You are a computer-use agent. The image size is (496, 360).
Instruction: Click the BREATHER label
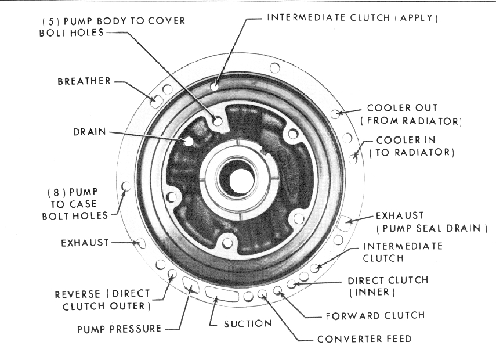pos(84,81)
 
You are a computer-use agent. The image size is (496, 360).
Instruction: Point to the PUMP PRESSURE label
pos(119,329)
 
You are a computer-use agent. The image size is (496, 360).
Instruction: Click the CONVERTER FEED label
pos(364,339)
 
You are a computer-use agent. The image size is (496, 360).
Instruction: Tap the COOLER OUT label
pos(410,109)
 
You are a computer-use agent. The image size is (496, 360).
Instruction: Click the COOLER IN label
pos(414,140)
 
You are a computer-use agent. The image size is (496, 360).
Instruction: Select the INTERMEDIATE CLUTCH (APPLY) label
pos(352,17)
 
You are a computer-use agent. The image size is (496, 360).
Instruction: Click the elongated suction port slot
pos(221,294)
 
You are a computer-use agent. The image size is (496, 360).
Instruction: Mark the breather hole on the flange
pos(155,100)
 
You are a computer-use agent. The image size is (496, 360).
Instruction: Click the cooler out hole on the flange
pos(335,114)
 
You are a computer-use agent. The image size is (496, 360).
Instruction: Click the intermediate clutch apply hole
pos(215,87)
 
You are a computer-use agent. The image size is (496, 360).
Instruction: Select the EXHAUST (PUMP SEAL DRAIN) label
pos(432,221)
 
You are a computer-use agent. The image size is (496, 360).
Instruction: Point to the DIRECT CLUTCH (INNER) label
pos(388,286)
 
